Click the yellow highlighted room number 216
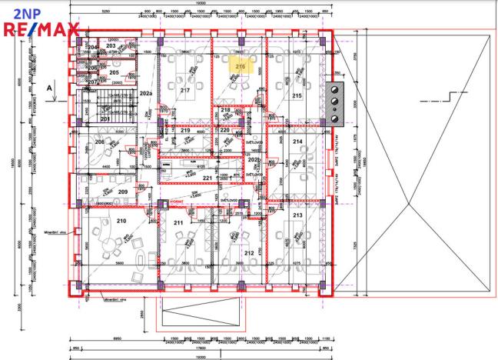240,68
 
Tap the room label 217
184,91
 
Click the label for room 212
248,252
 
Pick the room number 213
297,216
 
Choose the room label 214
297,142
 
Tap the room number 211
178,223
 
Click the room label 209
122,192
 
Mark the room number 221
207,178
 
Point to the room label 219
185,131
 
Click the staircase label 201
106,119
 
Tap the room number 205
114,72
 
